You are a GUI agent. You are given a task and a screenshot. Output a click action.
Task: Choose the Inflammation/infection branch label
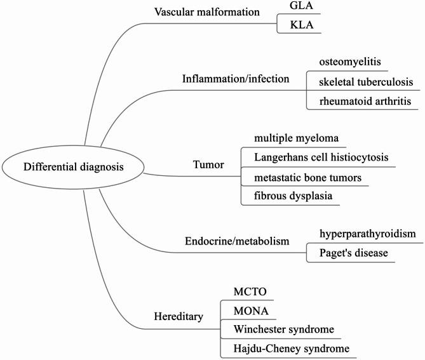pos(236,79)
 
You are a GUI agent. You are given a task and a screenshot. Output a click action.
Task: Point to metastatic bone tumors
pos(307,177)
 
